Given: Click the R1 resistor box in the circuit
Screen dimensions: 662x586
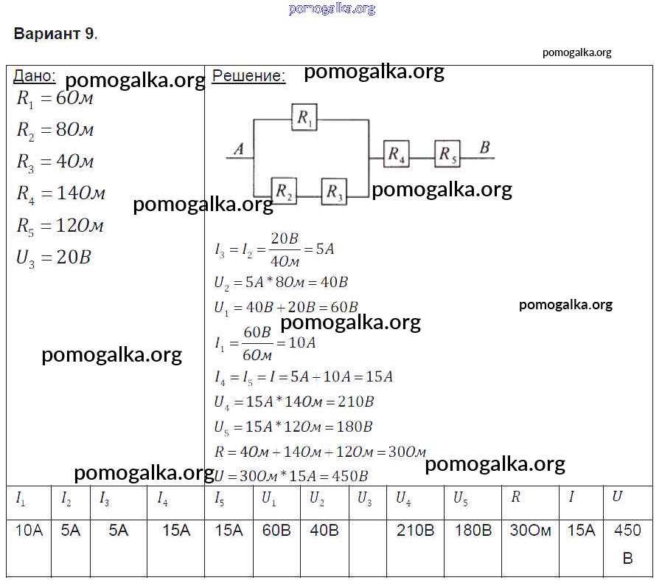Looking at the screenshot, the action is [304, 117].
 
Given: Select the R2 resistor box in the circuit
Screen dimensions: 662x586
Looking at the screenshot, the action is [284, 191].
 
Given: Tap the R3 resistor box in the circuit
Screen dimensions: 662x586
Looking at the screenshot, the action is [334, 192].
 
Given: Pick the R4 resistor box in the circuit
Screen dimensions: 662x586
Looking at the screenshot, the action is [396, 154].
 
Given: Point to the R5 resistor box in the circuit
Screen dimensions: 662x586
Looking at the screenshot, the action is [447, 154].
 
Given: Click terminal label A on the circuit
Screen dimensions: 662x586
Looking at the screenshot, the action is [239, 148].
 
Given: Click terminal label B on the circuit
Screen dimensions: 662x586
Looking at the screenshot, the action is [484, 147].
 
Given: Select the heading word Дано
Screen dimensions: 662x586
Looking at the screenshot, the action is [34, 76].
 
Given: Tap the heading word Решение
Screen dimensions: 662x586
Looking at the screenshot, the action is [248, 76].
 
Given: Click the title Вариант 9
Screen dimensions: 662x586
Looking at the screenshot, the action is [55, 33].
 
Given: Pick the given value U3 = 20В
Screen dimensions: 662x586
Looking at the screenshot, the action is [54, 258].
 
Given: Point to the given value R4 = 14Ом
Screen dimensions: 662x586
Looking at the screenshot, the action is [60, 193].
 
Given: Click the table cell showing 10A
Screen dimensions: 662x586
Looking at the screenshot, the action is [29, 530].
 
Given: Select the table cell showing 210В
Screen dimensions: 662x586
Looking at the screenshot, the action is [416, 530].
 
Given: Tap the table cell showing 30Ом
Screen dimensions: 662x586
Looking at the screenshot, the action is [530, 530].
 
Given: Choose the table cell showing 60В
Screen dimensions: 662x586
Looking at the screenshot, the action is [276, 530].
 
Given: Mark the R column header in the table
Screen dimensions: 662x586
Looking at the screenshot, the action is [515, 497].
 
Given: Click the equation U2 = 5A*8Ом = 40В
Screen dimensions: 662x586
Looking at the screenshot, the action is [281, 283].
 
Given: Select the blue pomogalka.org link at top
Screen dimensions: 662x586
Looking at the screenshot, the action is [332, 8].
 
